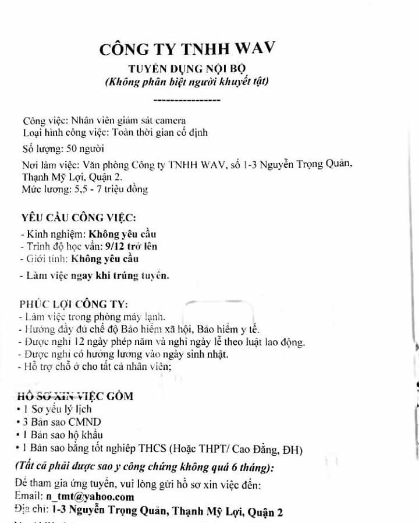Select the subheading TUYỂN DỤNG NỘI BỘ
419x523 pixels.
click(x=186, y=68)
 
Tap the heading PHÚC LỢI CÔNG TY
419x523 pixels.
click(x=74, y=304)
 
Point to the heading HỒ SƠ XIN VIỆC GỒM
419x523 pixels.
click(x=76, y=397)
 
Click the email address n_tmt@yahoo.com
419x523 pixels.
click(x=90, y=497)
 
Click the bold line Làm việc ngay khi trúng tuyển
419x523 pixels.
click(x=94, y=275)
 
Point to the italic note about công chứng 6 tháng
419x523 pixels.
click(x=145, y=467)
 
